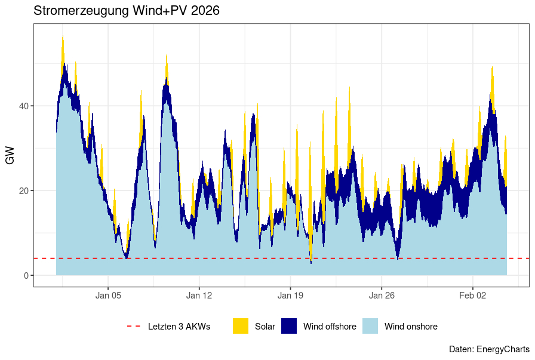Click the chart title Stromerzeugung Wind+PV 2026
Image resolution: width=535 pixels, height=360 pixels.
(127, 11)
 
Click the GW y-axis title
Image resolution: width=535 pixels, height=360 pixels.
(10, 155)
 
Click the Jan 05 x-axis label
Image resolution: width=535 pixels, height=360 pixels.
(108, 295)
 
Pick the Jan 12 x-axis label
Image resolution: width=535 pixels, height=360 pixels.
(199, 295)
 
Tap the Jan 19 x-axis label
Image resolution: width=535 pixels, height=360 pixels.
(290, 295)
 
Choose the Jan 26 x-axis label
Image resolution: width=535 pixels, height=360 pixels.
(382, 295)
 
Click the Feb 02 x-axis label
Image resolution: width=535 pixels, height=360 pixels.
(473, 295)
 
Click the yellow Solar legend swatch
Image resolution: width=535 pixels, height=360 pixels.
(241, 327)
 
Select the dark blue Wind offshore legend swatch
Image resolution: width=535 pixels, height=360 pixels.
(289, 327)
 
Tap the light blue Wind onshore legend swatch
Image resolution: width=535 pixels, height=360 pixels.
(370, 327)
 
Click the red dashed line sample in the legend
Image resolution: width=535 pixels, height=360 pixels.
(133, 327)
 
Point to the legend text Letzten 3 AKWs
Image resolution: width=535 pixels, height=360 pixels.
(179, 327)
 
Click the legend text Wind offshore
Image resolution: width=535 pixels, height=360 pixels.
(330, 327)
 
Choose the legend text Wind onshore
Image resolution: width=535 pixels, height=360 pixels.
(411, 327)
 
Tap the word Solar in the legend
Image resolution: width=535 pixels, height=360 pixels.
(265, 327)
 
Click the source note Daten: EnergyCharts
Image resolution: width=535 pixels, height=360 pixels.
(488, 349)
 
